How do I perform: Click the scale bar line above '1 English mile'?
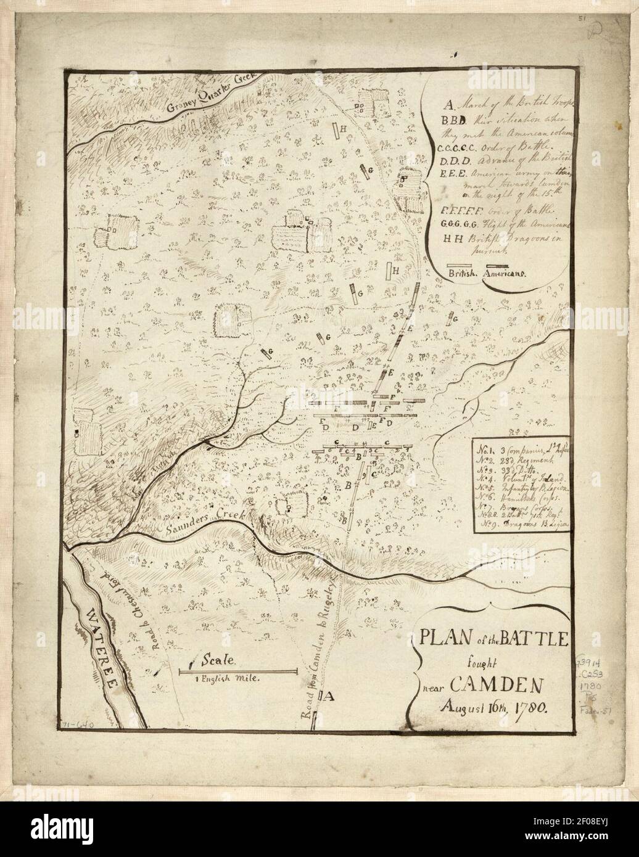tap(238, 670)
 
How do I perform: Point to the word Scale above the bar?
tap(220, 660)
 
